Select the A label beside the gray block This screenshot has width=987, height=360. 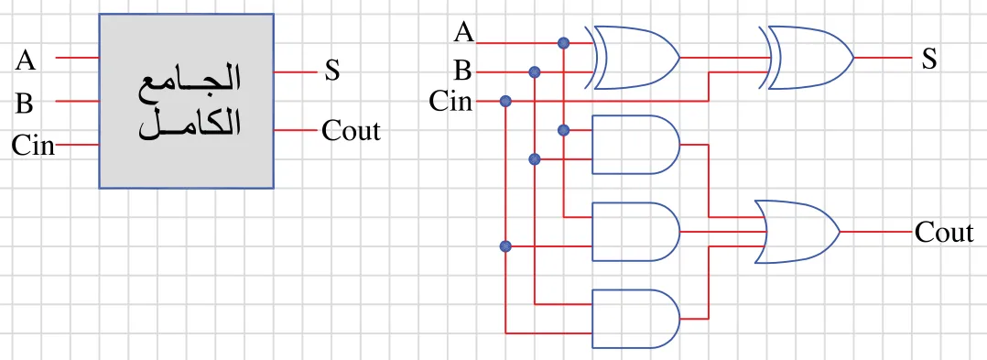click(26, 60)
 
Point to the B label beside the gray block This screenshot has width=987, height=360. click(24, 104)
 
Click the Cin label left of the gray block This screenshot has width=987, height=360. click(33, 146)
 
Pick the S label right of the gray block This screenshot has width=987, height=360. click(331, 71)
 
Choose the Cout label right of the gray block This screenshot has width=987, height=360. click(352, 131)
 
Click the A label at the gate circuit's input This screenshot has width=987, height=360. click(464, 32)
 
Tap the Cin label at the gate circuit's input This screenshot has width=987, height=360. click(450, 101)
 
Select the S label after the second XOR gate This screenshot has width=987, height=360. click(929, 60)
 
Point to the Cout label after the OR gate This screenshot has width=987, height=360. click(944, 233)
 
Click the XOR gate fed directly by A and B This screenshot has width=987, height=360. click(632, 58)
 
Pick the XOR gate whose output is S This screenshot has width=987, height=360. click(807, 58)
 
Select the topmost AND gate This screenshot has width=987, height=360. click(635, 144)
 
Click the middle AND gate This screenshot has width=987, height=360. click(635, 232)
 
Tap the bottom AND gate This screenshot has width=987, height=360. click(635, 319)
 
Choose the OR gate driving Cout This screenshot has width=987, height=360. click(797, 232)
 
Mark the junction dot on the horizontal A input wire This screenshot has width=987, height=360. click(563, 43)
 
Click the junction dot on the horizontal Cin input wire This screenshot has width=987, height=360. click(504, 101)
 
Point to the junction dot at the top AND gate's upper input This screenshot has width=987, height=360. click(563, 130)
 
